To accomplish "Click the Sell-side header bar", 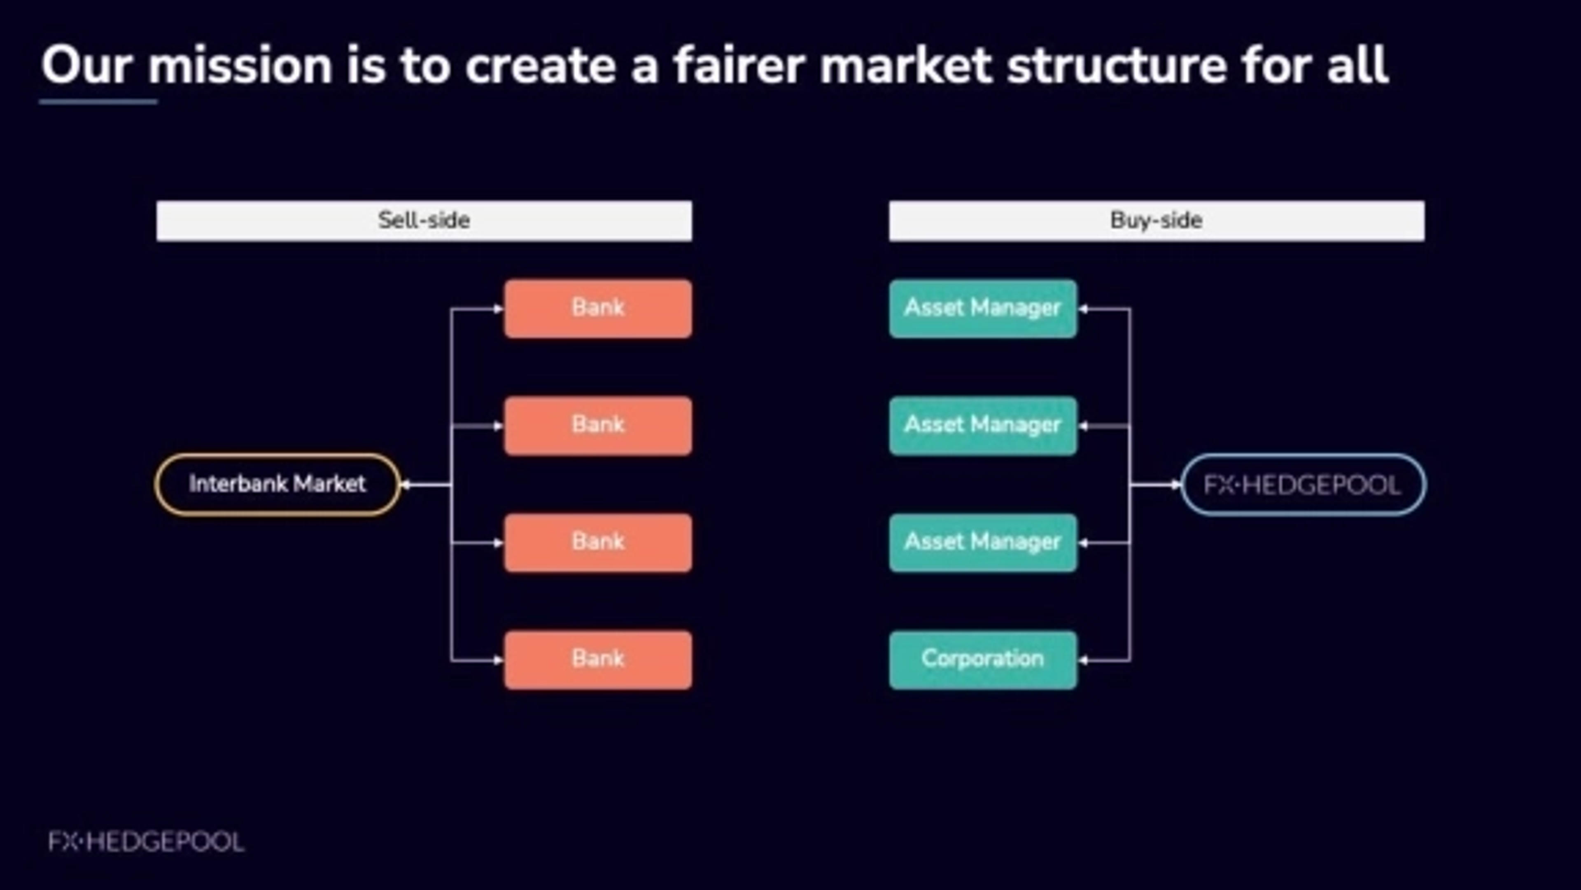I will pos(424,220).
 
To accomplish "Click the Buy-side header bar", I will pos(1156,220).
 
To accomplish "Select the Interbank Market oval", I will pos(277,485).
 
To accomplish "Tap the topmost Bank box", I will pos(598,308).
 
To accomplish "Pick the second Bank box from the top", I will pos(598,426).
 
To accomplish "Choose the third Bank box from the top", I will pos(598,542).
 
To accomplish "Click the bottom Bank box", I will pos(598,660).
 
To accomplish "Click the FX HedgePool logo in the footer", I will pos(146,841).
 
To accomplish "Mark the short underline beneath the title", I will pos(98,102).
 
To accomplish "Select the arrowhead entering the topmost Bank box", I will pos(498,309).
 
